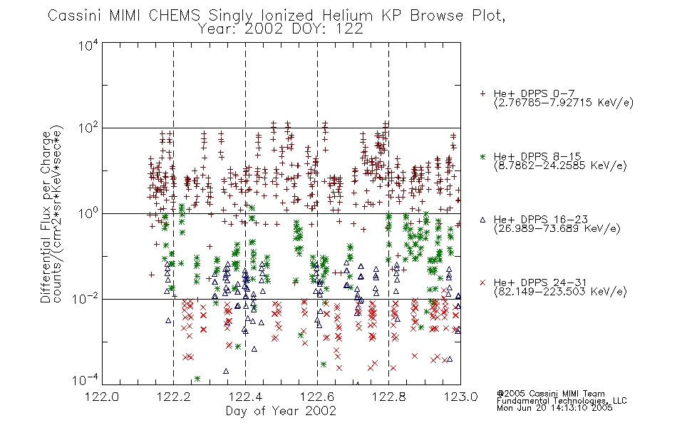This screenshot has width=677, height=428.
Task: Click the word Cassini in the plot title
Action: (75, 16)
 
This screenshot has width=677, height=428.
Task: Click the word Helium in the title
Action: (347, 16)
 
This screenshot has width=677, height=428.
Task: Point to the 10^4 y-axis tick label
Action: (88, 45)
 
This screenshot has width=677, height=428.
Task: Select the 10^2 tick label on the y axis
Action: (88, 128)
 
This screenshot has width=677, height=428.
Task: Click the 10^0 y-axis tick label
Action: (88, 213)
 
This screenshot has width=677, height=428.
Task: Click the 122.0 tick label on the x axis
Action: (102, 397)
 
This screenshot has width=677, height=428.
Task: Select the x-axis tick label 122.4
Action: (245, 397)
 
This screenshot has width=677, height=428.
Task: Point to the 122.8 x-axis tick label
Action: (388, 397)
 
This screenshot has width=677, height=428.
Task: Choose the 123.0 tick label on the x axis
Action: (460, 397)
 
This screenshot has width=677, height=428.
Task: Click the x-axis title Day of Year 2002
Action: (281, 411)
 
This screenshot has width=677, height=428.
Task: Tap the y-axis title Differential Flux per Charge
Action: (46, 217)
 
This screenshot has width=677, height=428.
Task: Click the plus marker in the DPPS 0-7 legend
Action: (482, 93)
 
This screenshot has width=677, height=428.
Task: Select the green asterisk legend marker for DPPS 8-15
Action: (482, 157)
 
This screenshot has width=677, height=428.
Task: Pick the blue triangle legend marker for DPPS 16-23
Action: (482, 220)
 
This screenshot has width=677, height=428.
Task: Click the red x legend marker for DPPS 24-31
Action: (482, 282)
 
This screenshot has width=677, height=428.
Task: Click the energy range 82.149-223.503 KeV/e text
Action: (560, 292)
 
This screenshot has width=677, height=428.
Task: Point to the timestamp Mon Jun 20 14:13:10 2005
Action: (554, 407)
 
